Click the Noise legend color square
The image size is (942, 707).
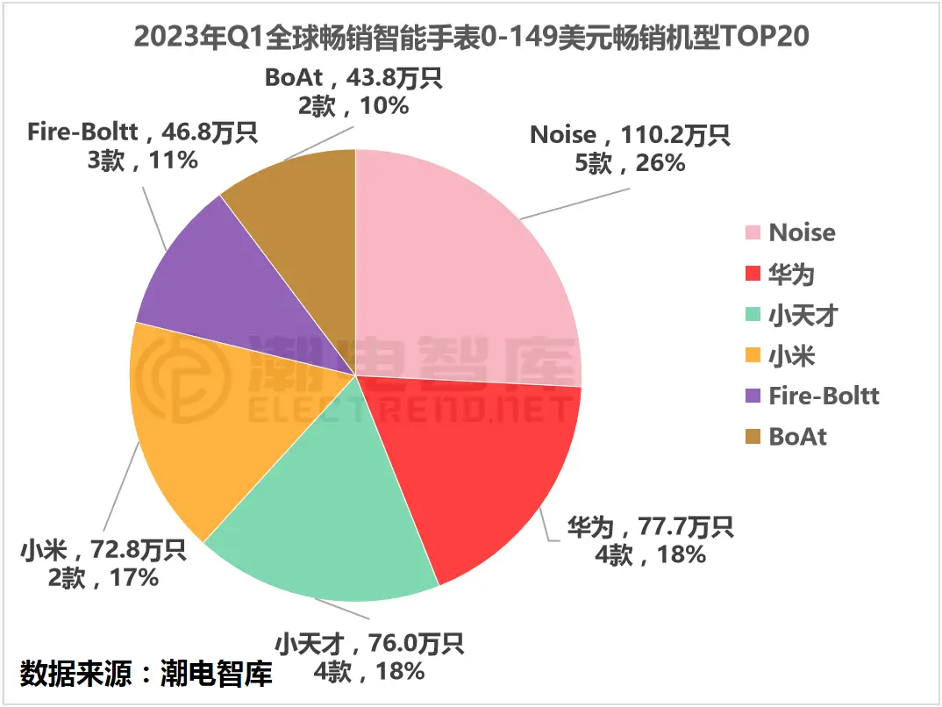pyautogui.click(x=753, y=233)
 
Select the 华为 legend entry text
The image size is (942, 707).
pyautogui.click(x=792, y=274)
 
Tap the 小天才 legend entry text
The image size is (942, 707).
pyautogui.click(x=803, y=315)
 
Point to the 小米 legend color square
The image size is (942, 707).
pyautogui.click(x=753, y=355)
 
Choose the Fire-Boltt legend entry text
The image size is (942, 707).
pyautogui.click(x=824, y=396)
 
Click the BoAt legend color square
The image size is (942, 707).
pyautogui.click(x=753, y=437)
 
